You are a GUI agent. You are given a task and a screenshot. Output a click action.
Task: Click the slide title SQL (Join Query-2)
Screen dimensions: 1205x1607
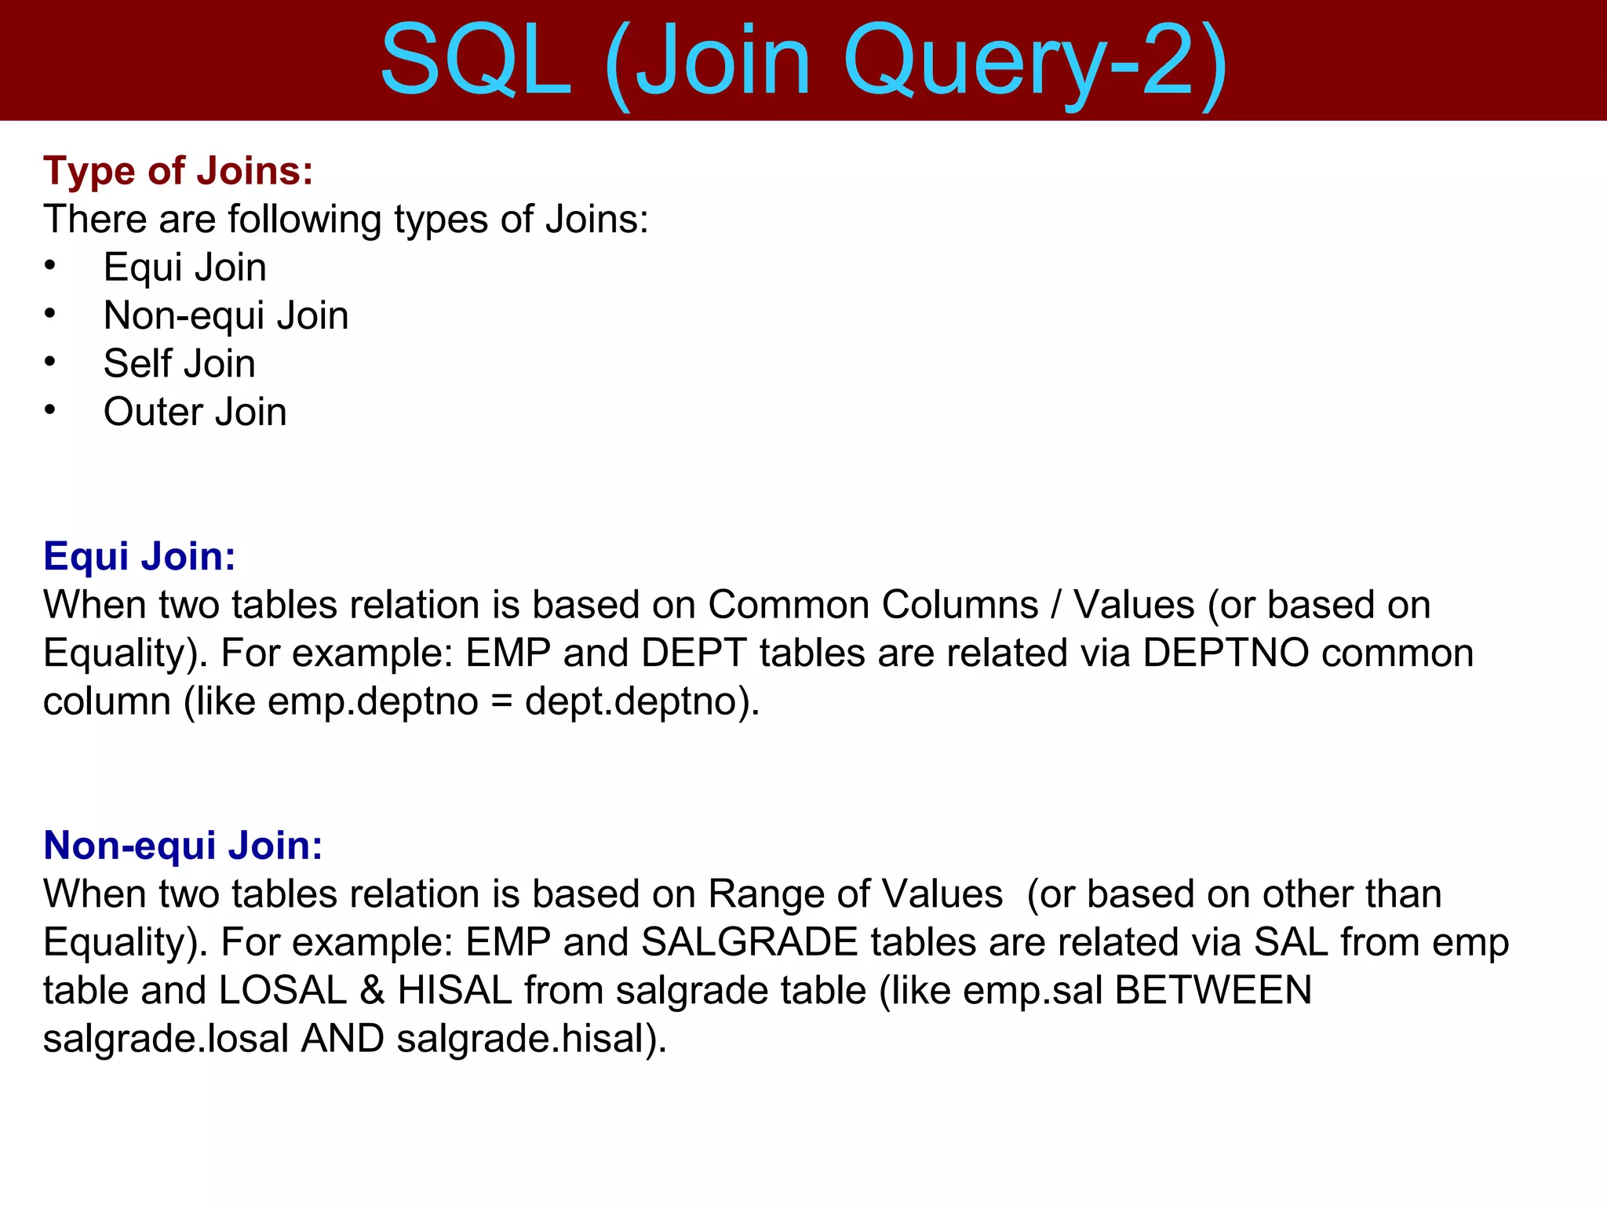click(x=803, y=61)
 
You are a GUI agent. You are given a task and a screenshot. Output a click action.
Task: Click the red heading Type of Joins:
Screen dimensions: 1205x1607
click(x=178, y=170)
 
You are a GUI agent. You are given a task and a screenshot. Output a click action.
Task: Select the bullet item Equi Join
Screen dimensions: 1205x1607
click(x=185, y=268)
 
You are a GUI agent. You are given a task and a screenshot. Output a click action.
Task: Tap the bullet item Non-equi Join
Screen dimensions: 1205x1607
click(x=226, y=315)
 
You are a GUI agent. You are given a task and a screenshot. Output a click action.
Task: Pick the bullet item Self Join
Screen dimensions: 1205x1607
click(x=180, y=364)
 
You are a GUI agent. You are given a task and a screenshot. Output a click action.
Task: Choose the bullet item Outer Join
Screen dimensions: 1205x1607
click(x=195, y=412)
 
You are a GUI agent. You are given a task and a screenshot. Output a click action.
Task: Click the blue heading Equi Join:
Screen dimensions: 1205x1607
click(x=140, y=556)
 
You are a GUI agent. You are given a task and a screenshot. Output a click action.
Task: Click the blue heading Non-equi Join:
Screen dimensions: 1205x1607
click(x=183, y=846)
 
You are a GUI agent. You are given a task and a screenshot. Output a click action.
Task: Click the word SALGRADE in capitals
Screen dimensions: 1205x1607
click(x=749, y=942)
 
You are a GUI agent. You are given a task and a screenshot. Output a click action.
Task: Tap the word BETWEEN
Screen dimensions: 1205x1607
click(x=1212, y=990)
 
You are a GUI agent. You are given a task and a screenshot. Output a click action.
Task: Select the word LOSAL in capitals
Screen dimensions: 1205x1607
click(x=282, y=990)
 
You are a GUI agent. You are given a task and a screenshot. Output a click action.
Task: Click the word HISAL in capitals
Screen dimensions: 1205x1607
click(x=455, y=990)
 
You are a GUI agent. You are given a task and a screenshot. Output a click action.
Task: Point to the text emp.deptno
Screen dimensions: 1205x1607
click(x=373, y=701)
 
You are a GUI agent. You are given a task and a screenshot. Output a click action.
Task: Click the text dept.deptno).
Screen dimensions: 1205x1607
click(x=642, y=701)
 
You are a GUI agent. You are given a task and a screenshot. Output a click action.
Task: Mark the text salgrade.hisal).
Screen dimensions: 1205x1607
click(x=531, y=1039)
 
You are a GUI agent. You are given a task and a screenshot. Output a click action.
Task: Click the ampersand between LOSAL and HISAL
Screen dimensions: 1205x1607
click(x=372, y=990)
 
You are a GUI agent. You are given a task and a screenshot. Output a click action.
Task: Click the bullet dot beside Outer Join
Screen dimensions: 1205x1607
click(x=50, y=410)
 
